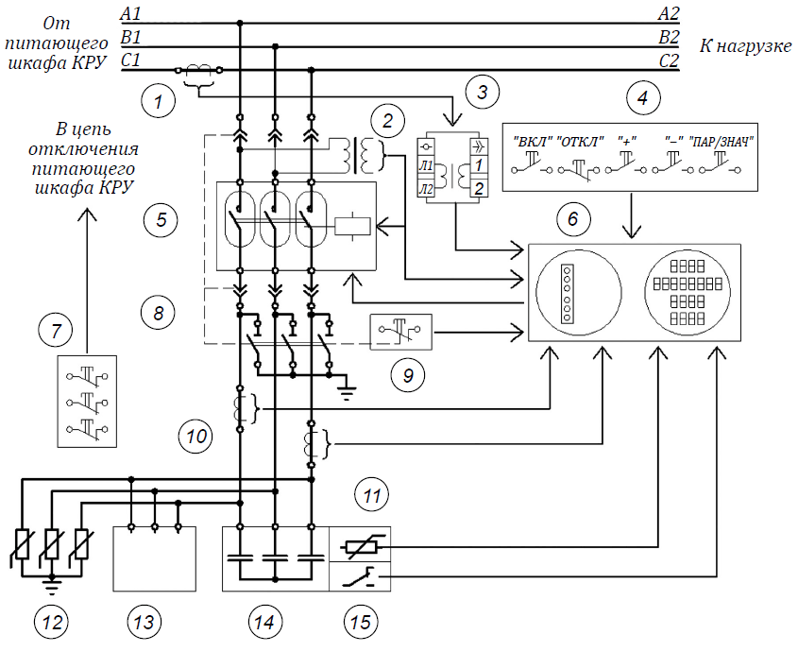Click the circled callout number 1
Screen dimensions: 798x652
tap(159, 100)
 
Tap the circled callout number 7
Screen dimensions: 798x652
tap(56, 330)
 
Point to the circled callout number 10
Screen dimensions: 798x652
tap(195, 436)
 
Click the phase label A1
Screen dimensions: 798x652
tap(130, 13)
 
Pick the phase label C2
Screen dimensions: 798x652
tap(670, 61)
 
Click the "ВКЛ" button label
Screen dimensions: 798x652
tap(533, 141)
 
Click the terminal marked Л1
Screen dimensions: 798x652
tap(426, 165)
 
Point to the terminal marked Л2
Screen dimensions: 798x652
tap(426, 189)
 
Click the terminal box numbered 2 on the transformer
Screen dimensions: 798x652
tap(479, 188)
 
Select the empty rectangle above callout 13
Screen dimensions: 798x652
tap(154, 558)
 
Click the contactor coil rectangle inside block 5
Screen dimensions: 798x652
tap(352, 226)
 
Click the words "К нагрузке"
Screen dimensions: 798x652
tap(745, 46)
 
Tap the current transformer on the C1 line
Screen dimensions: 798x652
tap(198, 70)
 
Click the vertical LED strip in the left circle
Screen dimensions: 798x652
tap(567, 293)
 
